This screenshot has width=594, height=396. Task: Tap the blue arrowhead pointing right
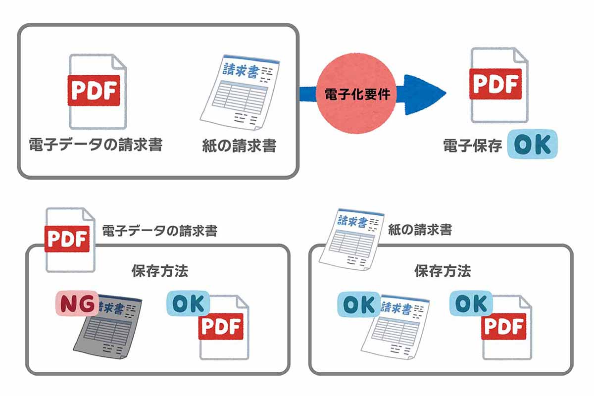pos(423,94)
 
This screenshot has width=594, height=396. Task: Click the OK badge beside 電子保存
pos(532,144)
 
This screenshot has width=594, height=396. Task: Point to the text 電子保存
pos(472,146)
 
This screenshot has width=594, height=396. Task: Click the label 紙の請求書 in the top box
pos(239,146)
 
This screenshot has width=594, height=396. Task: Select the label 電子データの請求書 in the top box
pos(96,145)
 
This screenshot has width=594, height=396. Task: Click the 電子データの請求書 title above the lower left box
pos(159,231)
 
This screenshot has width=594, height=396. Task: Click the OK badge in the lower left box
pos(188,304)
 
